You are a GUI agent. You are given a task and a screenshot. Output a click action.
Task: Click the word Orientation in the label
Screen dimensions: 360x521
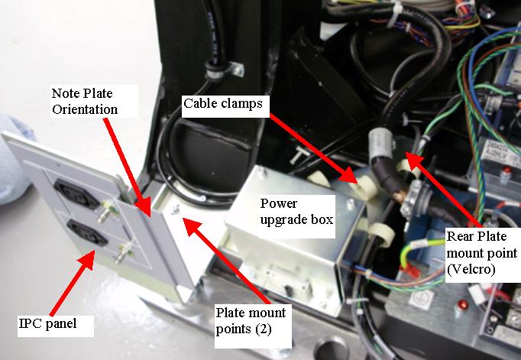point(84,109)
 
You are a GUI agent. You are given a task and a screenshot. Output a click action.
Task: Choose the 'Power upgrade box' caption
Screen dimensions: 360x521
point(296,212)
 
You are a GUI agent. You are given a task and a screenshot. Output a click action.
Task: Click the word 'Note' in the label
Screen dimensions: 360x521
point(64,93)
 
